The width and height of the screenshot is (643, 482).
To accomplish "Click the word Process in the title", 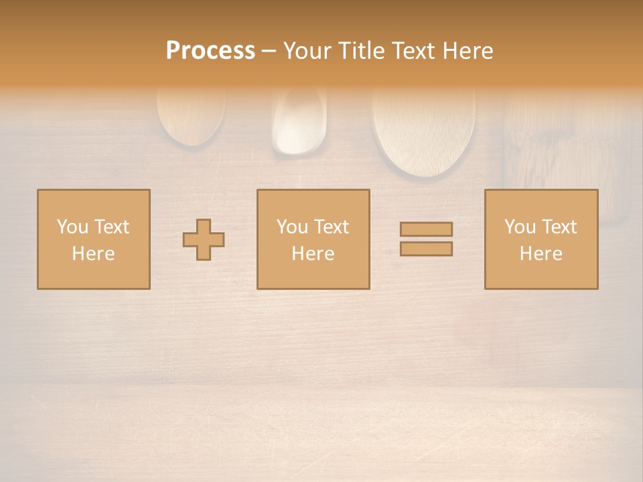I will point(210,51).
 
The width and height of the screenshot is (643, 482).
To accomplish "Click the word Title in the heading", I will point(360,51).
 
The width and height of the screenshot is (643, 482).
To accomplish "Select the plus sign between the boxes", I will point(204,240).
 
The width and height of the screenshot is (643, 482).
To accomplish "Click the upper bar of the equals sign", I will point(426,229).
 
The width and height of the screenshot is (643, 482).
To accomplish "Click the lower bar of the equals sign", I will point(426,249).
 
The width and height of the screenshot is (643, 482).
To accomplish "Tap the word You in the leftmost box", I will point(72,227).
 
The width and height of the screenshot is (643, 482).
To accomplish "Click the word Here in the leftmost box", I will point(93,254).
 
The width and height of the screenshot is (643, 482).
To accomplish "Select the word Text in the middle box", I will point(332,227).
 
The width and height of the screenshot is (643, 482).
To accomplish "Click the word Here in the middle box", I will point(313,254).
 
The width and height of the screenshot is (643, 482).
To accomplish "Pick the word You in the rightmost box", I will point(520,227).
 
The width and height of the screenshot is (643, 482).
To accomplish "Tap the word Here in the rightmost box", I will point(541,254).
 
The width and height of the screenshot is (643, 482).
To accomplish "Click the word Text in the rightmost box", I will point(559,227).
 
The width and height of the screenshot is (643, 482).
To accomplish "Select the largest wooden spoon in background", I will point(423,131).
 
